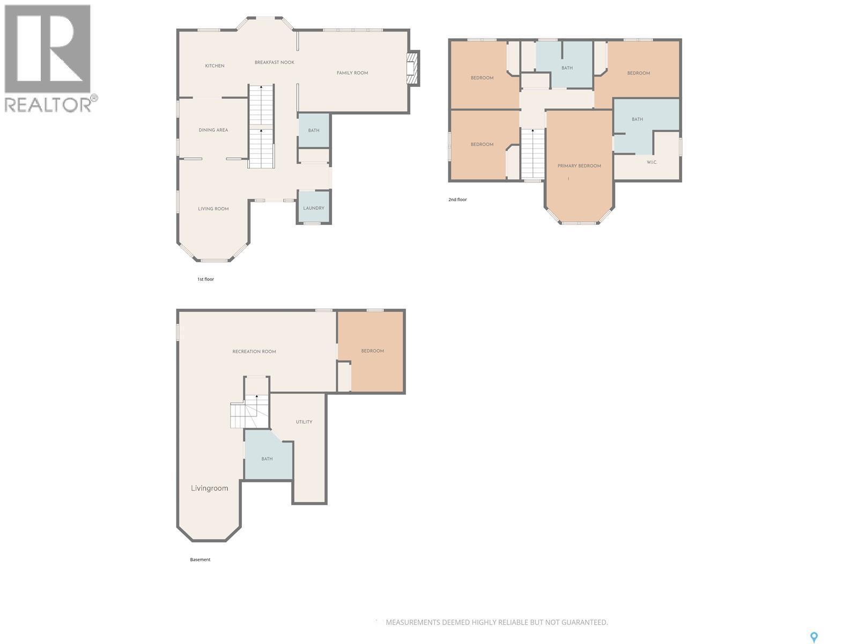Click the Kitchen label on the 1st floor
pos(214,65)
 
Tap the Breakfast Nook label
pos(275,62)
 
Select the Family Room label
pos(352,73)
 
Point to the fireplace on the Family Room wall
pos(412,69)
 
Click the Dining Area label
pos(213,130)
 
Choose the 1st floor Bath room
pos(314,130)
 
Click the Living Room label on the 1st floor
pos(213,209)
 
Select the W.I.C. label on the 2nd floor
pos(652,162)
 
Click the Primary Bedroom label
pos(579,166)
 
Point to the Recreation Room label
pos(254,352)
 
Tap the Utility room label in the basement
pos(304,422)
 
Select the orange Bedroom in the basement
pos(372,351)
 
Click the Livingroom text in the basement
pos(209,488)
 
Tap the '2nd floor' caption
pos(457,200)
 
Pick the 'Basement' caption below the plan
pos(200,560)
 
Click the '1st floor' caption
pos(205,279)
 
